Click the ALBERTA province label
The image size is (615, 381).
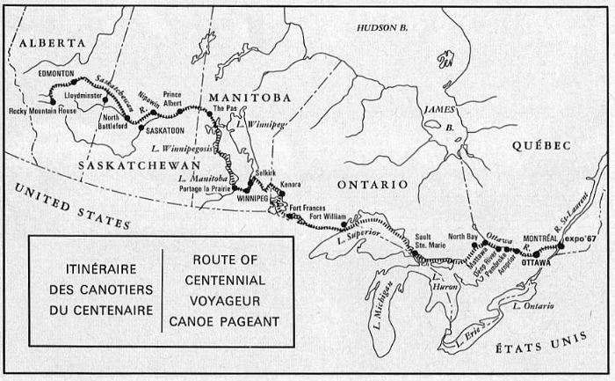point(53,42)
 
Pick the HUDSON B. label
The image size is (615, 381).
point(377,29)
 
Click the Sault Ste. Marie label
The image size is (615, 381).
point(423,242)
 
